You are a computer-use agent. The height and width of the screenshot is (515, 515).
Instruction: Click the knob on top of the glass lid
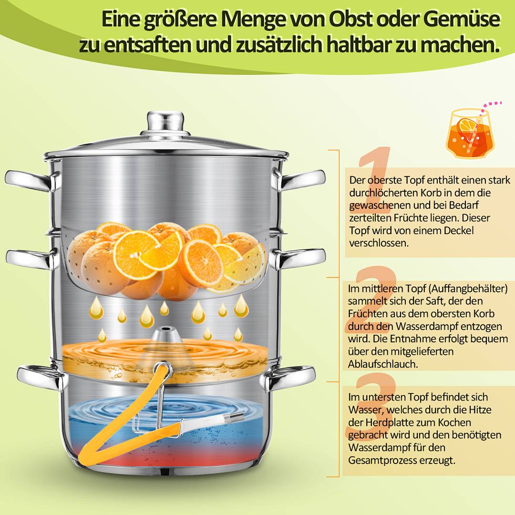click(165, 122)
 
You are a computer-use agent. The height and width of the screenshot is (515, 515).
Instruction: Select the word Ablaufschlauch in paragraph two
click(380, 364)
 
